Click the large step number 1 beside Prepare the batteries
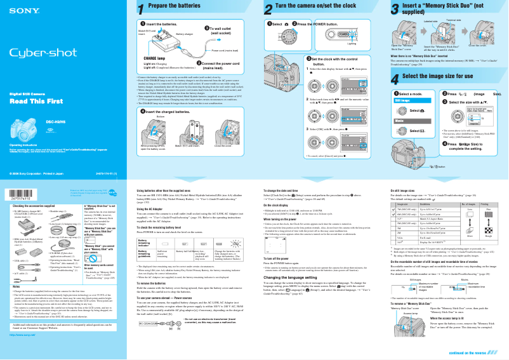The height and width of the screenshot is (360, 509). [142, 9]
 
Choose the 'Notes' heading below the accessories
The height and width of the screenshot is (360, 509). [18, 288]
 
